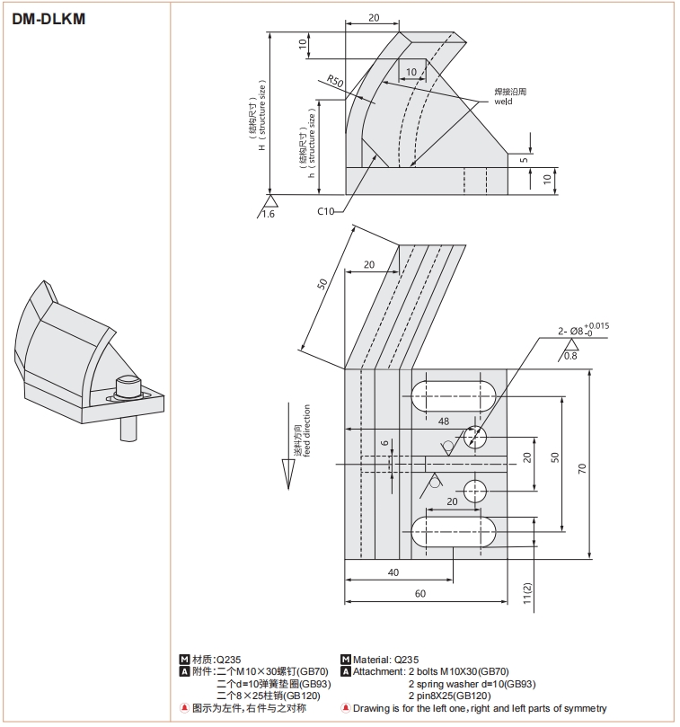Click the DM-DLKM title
click(x=49, y=17)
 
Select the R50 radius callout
click(x=335, y=82)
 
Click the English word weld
click(x=503, y=101)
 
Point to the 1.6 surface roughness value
click(x=268, y=214)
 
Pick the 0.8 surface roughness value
click(x=570, y=356)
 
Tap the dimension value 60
click(x=419, y=593)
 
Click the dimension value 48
click(x=443, y=421)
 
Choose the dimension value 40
click(x=393, y=572)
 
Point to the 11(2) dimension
click(x=528, y=594)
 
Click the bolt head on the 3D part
click(x=129, y=385)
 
